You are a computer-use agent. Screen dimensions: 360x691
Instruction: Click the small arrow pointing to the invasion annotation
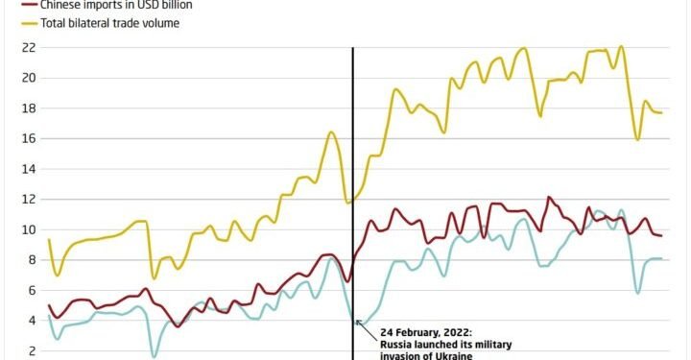[x=360, y=323]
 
